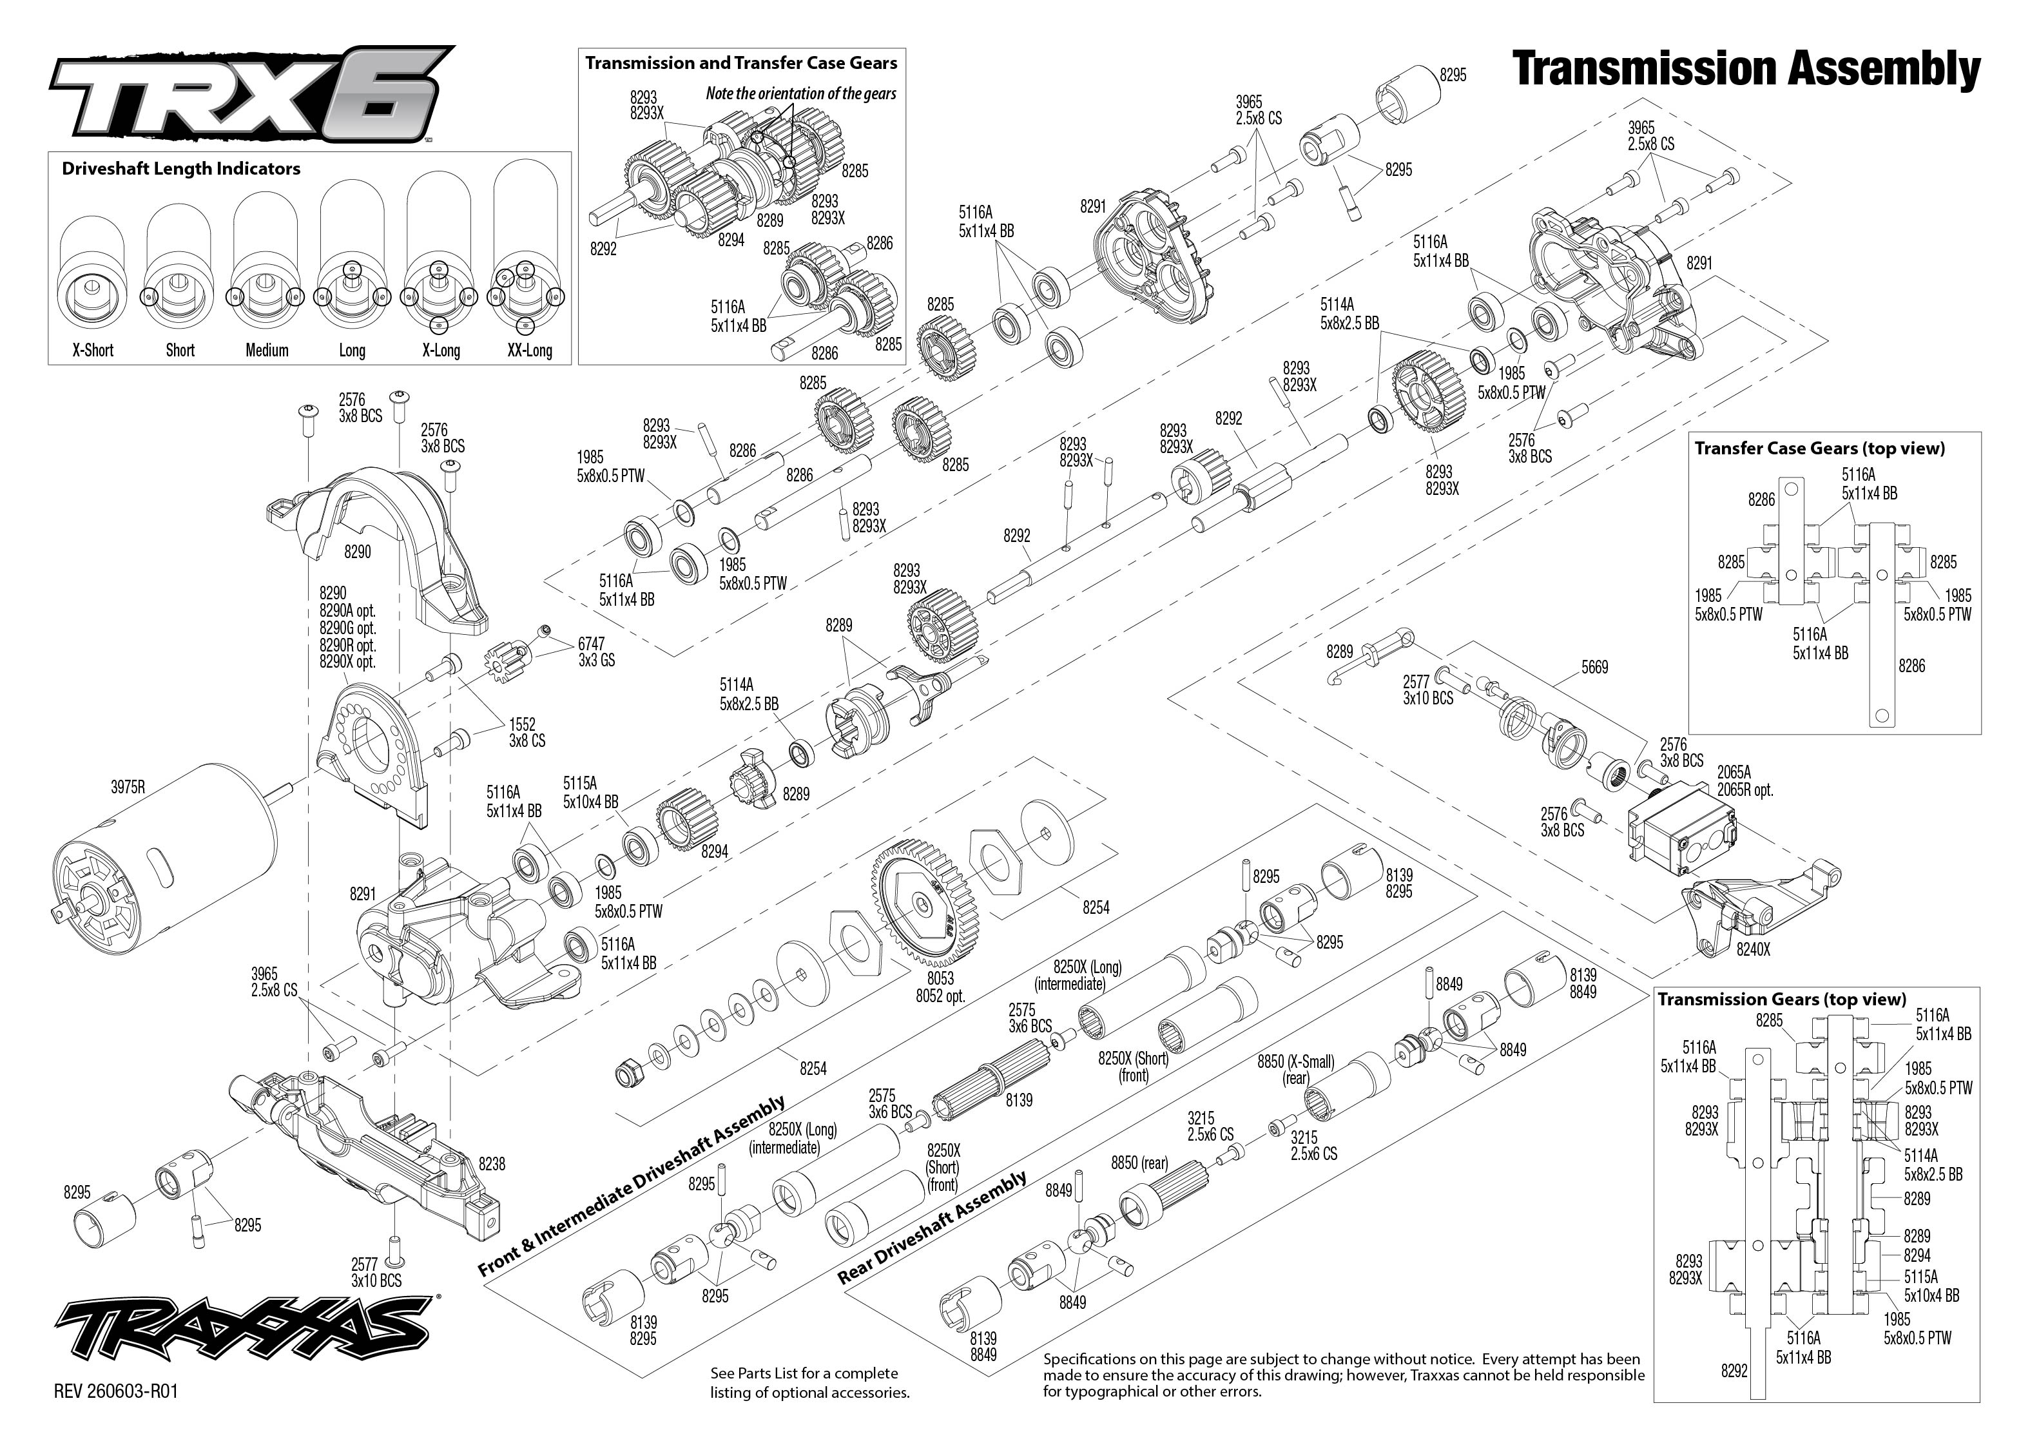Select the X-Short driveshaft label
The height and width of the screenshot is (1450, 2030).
(x=93, y=350)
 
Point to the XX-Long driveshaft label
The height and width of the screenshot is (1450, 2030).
(x=529, y=350)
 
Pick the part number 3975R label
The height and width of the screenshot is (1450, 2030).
(x=128, y=787)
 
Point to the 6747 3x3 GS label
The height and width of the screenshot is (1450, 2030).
(x=595, y=651)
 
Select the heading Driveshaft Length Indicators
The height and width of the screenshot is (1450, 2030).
(x=181, y=169)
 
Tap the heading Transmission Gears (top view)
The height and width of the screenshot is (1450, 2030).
(x=1782, y=999)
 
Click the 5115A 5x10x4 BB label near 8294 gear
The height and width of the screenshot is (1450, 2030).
(x=590, y=792)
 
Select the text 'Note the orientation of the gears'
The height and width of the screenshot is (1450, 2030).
(x=801, y=93)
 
